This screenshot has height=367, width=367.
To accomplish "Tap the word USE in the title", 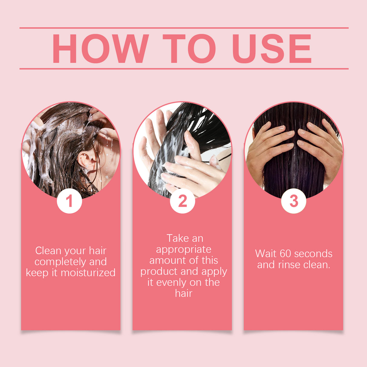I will tap(271, 49).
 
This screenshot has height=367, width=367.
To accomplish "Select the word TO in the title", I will tap(189, 49).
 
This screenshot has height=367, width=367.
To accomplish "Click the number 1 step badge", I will tap(70, 201).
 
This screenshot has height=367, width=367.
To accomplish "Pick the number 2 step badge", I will tap(182, 201).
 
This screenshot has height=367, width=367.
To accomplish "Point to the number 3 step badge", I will tap(294, 201).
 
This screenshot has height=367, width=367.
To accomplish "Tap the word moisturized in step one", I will tap(88, 273).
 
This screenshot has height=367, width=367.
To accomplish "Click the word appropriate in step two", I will tap(183, 250).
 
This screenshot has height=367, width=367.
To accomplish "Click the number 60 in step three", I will tap(285, 254).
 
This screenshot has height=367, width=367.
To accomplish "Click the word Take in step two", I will tap(178, 239).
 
